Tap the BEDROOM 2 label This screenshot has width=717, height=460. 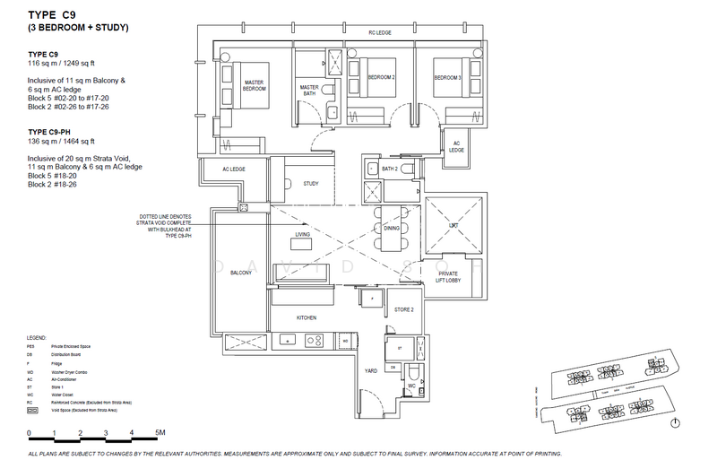coord(383,78)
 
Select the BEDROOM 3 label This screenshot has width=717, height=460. coord(448,78)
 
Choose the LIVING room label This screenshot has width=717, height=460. coord(303,235)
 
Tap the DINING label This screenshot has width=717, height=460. coord(392,229)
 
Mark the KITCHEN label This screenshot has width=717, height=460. coord(307,317)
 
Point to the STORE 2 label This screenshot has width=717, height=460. coord(402,309)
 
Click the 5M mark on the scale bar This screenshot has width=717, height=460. coord(160,432)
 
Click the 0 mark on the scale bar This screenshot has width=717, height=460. coord(30,432)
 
